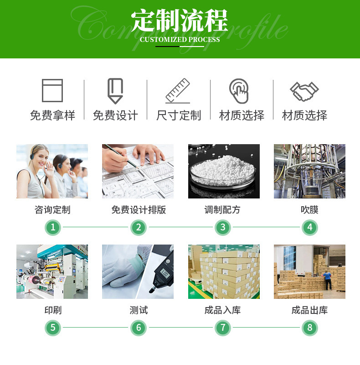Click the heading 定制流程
click(180, 21)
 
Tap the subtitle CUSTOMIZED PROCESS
click(180, 40)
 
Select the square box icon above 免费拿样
click(52, 90)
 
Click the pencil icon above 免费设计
click(115, 91)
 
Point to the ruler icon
click(178, 91)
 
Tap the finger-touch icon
click(239, 91)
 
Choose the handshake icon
click(304, 92)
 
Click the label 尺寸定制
click(179, 115)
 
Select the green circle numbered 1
click(53, 227)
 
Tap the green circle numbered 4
click(310, 227)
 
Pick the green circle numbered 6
click(139, 328)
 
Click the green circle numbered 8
click(310, 328)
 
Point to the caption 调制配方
click(222, 210)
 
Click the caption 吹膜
click(309, 210)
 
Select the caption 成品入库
click(222, 310)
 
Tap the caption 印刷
click(53, 310)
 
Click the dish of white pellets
click(223, 172)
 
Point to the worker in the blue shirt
click(328, 280)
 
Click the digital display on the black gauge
click(165, 272)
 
